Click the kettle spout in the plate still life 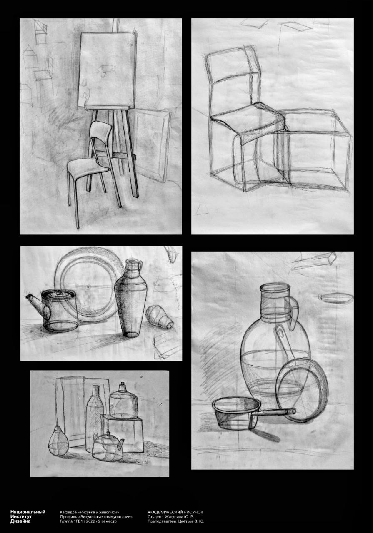(35, 303)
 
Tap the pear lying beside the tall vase (159, 317)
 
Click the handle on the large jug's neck (295, 313)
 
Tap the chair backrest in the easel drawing (101, 130)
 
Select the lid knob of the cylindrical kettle (58, 293)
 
